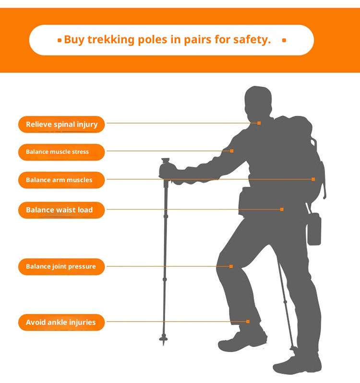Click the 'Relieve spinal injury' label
(61, 124)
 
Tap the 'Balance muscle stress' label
(61, 152)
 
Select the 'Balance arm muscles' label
(61, 180)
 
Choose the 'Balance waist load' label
(61, 210)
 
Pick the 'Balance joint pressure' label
(61, 267)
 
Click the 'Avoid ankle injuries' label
(61, 322)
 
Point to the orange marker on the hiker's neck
(259, 123)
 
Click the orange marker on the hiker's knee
(231, 266)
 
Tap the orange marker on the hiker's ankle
(248, 321)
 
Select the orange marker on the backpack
(313, 179)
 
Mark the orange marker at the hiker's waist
(282, 210)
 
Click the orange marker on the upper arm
(232, 151)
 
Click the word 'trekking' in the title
(111, 39)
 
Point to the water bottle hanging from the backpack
(314, 229)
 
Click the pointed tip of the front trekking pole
(163, 345)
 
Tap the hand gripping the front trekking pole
(168, 172)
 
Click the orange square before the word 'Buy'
(60, 40)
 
